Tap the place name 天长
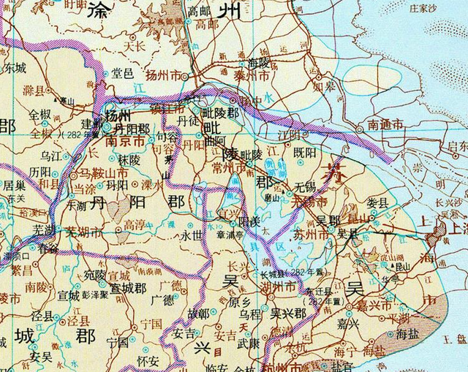[x=135, y=46]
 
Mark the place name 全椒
[x=41, y=115]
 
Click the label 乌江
[x=52, y=156]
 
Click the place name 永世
[x=191, y=236]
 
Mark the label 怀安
[x=148, y=360]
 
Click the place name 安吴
[x=42, y=357]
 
